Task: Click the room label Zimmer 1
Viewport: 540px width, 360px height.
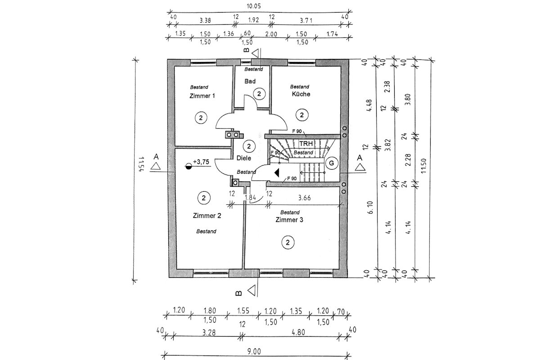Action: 202,96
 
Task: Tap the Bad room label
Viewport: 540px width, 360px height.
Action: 250,82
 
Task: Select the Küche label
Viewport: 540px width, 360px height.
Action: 301,94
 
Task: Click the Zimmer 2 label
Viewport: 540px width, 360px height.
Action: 207,216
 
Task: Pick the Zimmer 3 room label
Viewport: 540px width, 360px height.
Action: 289,220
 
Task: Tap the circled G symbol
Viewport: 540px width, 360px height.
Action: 331,163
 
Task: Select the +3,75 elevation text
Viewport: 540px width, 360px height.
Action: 201,162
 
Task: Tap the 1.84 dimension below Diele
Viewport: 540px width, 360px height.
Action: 251,198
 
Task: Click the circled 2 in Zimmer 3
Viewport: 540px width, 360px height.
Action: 288,243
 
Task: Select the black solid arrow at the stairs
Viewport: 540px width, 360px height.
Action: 276,172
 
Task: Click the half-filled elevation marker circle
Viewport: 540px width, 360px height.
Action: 189,166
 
